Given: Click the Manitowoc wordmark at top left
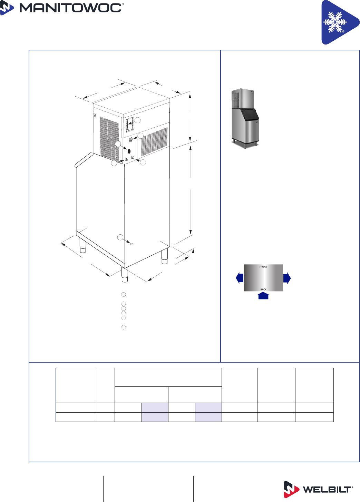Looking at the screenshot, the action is point(71,8).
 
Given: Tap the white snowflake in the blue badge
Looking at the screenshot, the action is point(335,22).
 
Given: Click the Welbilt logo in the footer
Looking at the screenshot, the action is point(318,490).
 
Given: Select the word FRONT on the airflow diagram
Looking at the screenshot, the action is point(263,267).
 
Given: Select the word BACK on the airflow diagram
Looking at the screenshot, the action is point(263,289).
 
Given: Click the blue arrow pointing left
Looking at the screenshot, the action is point(240,278).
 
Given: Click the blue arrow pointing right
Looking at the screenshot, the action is point(287,278).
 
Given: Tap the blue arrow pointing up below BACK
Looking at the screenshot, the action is point(263,296).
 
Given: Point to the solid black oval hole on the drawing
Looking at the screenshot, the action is point(129,151).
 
